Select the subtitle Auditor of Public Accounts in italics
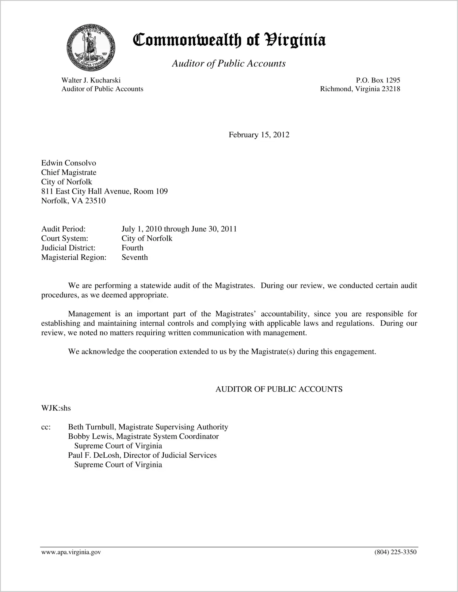pyautogui.click(x=229, y=63)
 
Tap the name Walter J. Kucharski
pyautogui.click(x=91, y=80)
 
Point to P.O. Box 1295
pyautogui.click(x=378, y=80)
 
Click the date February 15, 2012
pyautogui.click(x=259, y=135)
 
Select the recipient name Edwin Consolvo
pyautogui.click(x=69, y=163)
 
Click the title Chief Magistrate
pyautogui.click(x=69, y=173)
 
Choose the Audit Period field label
pyautogui.click(x=63, y=229)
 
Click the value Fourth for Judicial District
pyautogui.click(x=132, y=248)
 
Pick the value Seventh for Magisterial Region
pyautogui.click(x=135, y=257)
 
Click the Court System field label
pyautogui.click(x=65, y=239)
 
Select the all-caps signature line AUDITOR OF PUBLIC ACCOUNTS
pyautogui.click(x=279, y=389)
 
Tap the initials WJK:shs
pyautogui.click(x=56, y=408)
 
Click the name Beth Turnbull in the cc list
pyautogui.click(x=92, y=427)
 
